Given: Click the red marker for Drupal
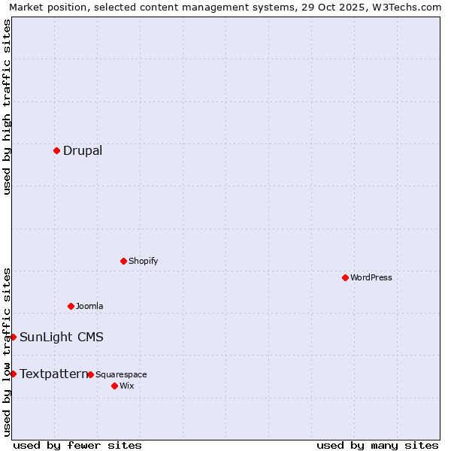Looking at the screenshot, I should point(56,150).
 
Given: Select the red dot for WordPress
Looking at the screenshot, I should point(345,277).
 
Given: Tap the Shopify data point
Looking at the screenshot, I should point(123,261).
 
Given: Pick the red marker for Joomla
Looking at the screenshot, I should point(71,306).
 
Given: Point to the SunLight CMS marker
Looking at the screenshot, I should point(13,337).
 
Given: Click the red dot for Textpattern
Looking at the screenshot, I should point(13,374).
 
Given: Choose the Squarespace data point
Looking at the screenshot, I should point(90,374).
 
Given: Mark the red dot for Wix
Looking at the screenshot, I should point(114,386).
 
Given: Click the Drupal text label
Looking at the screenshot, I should point(83,150).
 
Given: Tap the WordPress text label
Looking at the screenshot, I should point(371,277).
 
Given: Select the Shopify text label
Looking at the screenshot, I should point(143,261).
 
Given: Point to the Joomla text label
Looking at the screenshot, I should point(89,306).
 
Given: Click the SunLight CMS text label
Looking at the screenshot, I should point(62,337).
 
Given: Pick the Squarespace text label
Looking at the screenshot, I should point(121,374).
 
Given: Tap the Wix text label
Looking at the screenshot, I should point(126,386).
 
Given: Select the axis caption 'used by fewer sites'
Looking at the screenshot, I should point(77,445).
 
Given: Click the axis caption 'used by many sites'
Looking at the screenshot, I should point(377,445).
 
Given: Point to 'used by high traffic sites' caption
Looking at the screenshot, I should point(7,107).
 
